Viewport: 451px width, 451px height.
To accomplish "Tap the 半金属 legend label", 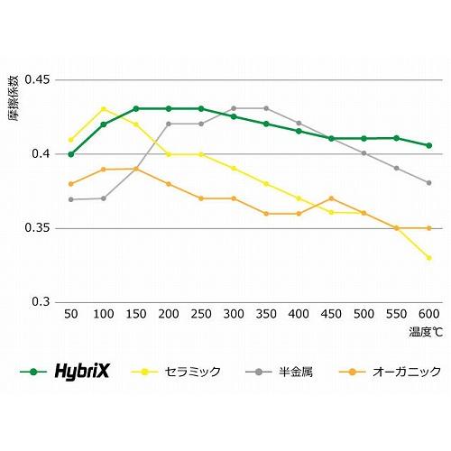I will [290, 371].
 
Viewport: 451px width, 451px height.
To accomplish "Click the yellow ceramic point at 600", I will [428, 258].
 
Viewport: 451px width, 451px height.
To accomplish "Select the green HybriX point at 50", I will [70, 154].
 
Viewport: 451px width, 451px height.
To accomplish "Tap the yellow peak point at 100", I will [103, 108].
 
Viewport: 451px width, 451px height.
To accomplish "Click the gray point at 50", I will [70, 199].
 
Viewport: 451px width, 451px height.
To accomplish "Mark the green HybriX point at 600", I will [428, 145].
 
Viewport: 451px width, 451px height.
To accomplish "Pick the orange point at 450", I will [331, 198].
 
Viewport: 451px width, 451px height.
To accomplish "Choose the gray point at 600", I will [428, 182].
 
